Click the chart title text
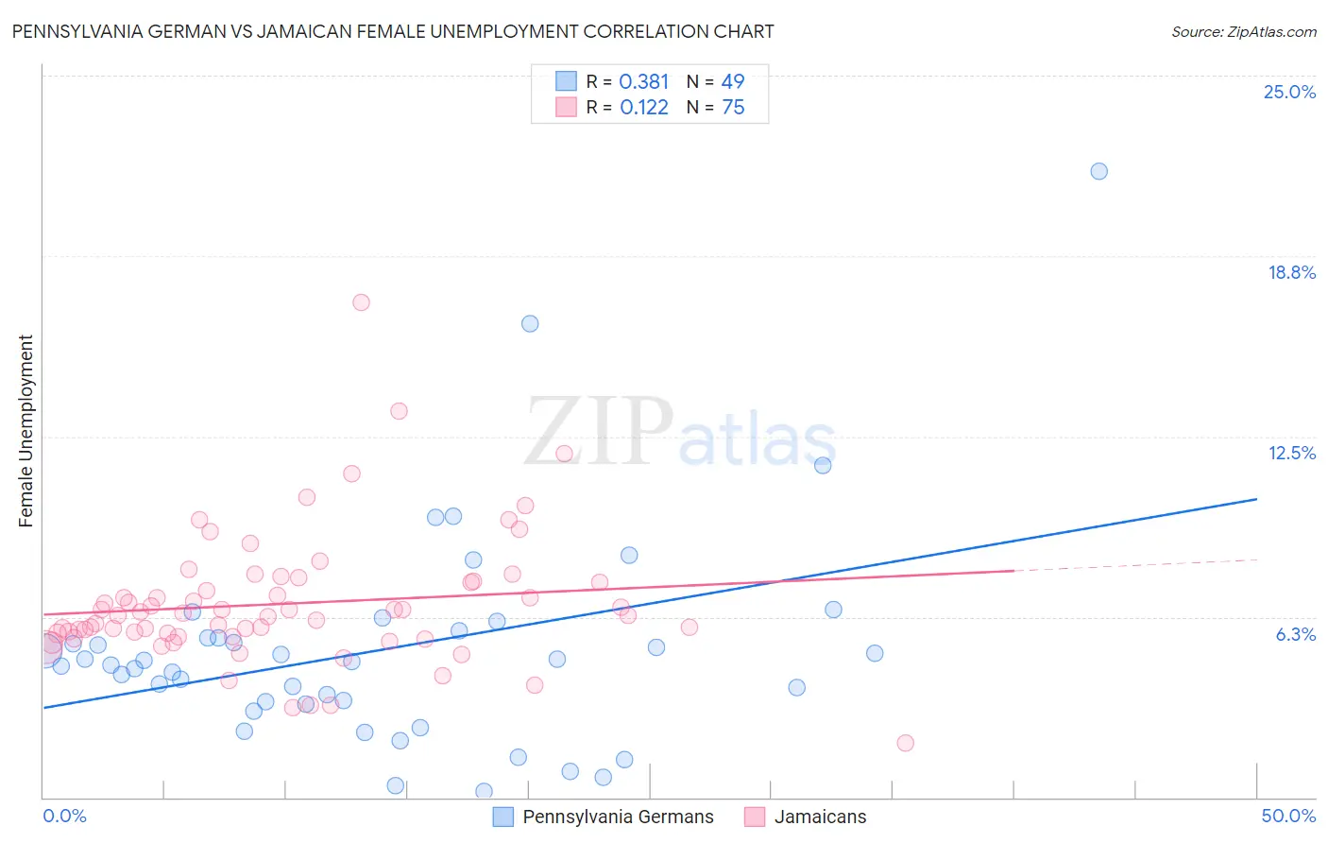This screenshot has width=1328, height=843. click(x=393, y=31)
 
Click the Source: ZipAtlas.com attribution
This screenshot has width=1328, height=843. click(x=1243, y=31)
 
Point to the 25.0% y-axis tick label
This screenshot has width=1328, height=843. click(x=1289, y=92)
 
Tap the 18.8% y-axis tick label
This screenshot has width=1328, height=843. click(x=1291, y=272)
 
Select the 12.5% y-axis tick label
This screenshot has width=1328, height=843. click(x=1291, y=453)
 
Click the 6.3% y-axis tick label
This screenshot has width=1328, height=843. click(x=1295, y=634)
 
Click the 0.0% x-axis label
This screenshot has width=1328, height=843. click(x=65, y=816)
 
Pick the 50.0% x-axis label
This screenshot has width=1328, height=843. click(x=1288, y=816)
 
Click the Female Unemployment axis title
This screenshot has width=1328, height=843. click(x=26, y=431)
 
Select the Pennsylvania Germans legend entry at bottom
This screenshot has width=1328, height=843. click(x=604, y=817)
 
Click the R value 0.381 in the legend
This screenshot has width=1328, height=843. click(x=644, y=82)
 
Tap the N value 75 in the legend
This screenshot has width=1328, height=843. click(x=733, y=108)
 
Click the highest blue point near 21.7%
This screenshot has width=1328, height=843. click(x=1098, y=171)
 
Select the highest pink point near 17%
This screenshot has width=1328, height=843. click(x=361, y=302)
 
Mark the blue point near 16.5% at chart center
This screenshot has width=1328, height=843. click(x=530, y=323)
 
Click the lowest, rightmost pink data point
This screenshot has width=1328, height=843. click(x=905, y=743)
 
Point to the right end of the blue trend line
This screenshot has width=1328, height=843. click(x=1256, y=498)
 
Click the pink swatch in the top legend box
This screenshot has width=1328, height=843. click(x=566, y=107)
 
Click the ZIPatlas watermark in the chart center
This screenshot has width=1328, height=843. click(x=680, y=431)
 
